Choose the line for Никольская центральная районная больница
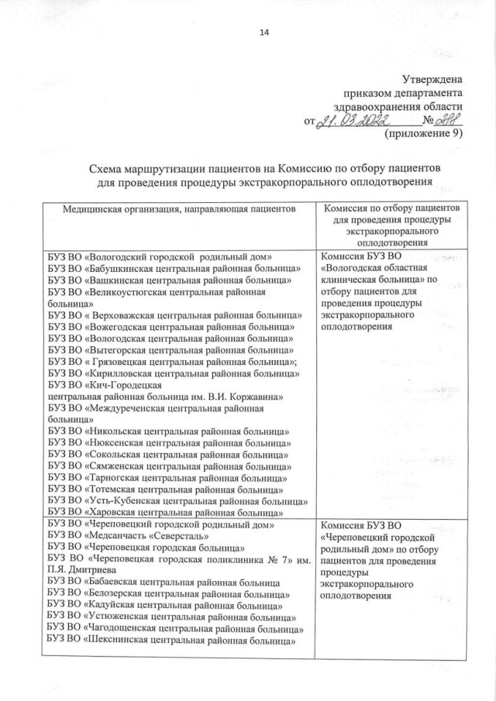168,431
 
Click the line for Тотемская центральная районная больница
166,489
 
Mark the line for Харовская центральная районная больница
168,512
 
